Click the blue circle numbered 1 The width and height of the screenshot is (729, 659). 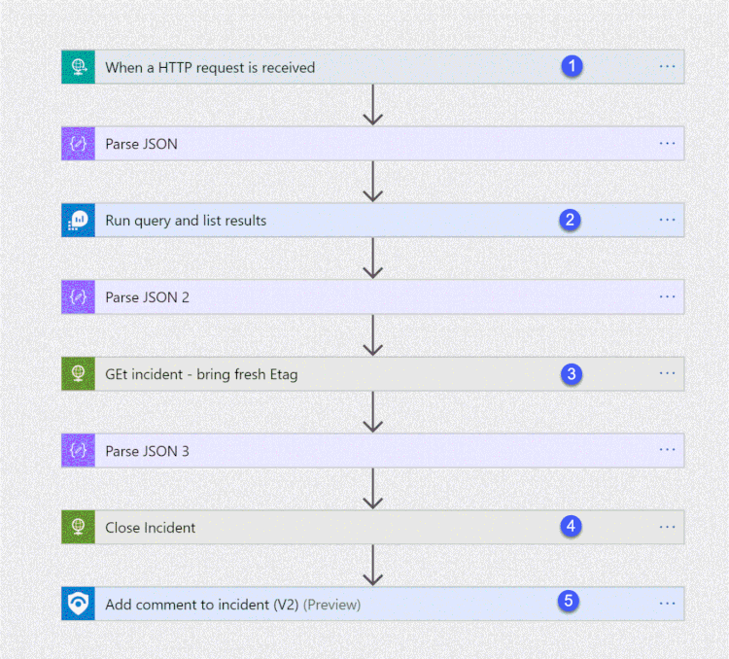pyautogui.click(x=573, y=66)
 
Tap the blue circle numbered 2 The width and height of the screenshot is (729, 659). pyautogui.click(x=571, y=220)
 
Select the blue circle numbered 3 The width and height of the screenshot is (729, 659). pyautogui.click(x=572, y=373)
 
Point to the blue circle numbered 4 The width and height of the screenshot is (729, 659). pyautogui.click(x=572, y=526)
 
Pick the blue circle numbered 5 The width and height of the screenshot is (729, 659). pyautogui.click(x=570, y=602)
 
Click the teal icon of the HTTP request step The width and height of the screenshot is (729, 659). pyautogui.click(x=78, y=67)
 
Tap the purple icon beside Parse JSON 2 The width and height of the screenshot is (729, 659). pyautogui.click(x=78, y=296)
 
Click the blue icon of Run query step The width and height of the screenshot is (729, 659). pyautogui.click(x=78, y=221)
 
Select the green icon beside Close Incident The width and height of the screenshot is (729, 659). pyautogui.click(x=78, y=527)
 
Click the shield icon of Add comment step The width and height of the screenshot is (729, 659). pyautogui.click(x=78, y=604)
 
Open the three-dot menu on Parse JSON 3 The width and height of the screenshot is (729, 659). pyautogui.click(x=667, y=450)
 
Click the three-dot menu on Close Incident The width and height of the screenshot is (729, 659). pyautogui.click(x=667, y=527)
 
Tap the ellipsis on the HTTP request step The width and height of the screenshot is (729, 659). pyautogui.click(x=667, y=66)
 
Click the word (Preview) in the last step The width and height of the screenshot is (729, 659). pyautogui.click(x=331, y=605)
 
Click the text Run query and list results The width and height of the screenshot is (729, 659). pyautogui.click(x=186, y=221)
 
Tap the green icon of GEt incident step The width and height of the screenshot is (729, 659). pyautogui.click(x=78, y=373)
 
